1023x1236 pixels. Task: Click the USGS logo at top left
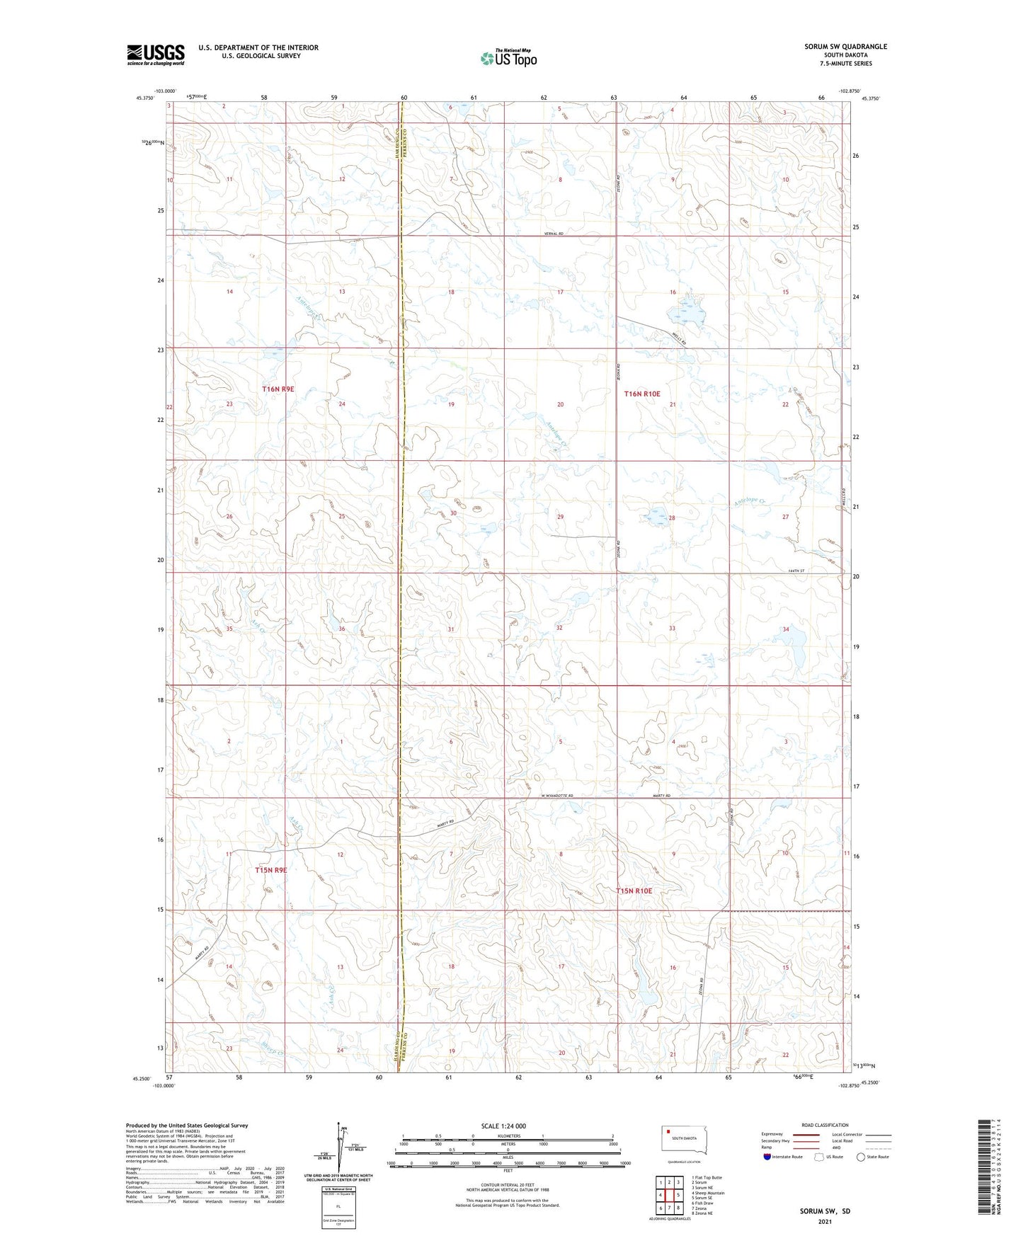(156, 55)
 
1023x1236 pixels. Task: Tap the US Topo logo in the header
(508, 58)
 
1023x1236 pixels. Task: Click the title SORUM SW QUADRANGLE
(845, 47)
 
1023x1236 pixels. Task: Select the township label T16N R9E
(278, 389)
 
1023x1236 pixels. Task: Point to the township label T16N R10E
(641, 394)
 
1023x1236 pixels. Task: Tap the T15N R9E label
(270, 870)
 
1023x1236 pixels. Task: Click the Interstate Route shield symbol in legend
(767, 1157)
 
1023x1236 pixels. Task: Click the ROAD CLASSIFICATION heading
(825, 1125)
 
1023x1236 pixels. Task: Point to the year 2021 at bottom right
(825, 1221)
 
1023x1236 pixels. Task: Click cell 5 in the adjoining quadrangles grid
(678, 1195)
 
